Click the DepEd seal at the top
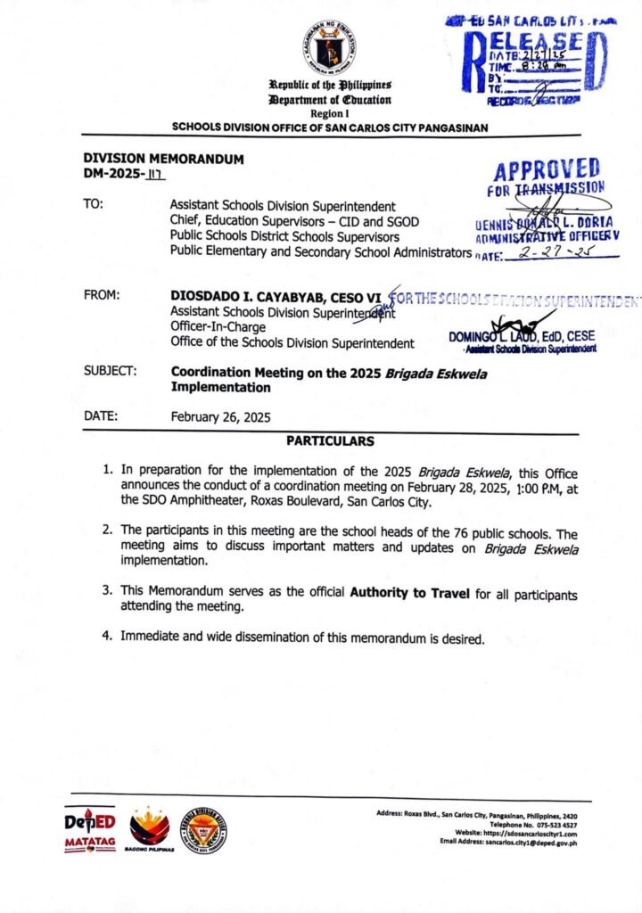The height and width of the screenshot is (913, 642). pyautogui.click(x=327, y=47)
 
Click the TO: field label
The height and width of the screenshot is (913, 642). pyautogui.click(x=94, y=203)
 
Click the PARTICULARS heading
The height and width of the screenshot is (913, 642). pyautogui.click(x=330, y=441)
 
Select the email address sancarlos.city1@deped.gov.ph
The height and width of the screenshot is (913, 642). pyautogui.click(x=528, y=842)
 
